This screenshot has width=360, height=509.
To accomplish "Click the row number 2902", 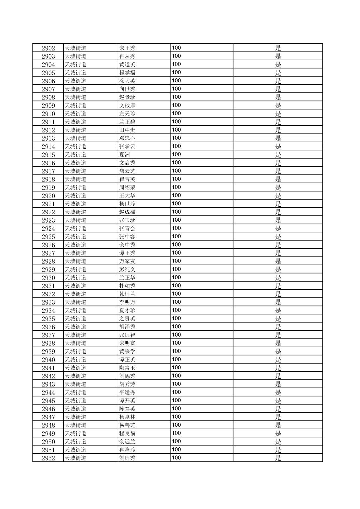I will [48, 48].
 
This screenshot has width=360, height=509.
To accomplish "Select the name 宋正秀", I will [127, 48].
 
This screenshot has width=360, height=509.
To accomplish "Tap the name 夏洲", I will [124, 155].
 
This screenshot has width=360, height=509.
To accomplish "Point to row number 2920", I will [48, 196].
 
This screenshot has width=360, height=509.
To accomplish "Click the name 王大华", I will [127, 196].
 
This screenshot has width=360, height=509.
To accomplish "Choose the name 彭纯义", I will [127, 270].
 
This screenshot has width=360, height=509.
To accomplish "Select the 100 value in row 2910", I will [176, 114].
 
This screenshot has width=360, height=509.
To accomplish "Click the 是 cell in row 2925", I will [278, 237].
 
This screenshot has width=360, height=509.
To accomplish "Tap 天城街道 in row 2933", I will [75, 302].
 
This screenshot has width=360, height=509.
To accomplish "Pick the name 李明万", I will [127, 302].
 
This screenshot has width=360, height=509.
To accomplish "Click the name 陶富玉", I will [127, 368].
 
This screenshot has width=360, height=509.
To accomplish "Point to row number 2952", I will [48, 458].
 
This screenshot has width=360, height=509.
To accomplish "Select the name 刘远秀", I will [127, 458].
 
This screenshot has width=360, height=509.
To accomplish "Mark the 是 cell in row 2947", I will [278, 417].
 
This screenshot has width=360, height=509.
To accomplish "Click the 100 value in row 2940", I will [176, 360].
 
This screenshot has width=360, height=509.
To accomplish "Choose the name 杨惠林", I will [127, 417].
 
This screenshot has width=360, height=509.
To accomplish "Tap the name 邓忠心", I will [127, 138].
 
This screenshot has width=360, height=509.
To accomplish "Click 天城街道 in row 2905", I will [75, 73].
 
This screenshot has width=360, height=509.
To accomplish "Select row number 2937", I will [48, 335].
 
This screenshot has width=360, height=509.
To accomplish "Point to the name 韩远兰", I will [127, 294].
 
